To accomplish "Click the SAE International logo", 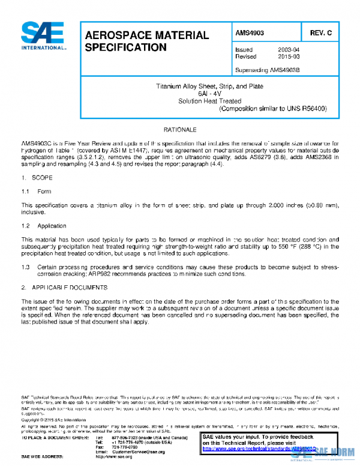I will (x=43, y=35).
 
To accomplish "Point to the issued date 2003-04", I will (x=289, y=50).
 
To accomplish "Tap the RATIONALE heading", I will (x=179, y=130).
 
